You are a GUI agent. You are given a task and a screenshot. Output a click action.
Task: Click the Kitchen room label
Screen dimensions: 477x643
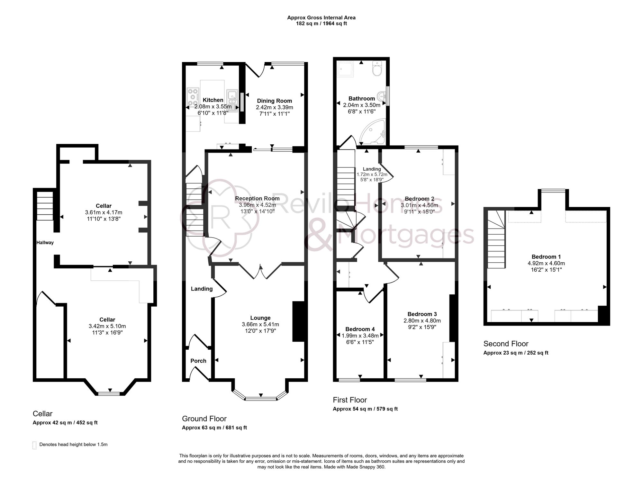click(x=213, y=100)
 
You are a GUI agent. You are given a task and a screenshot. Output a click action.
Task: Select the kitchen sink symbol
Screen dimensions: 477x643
click(x=232, y=100)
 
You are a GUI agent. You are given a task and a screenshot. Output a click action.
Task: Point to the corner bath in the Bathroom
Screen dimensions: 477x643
click(x=373, y=132)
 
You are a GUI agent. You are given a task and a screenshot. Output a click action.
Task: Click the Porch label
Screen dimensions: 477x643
click(x=198, y=361)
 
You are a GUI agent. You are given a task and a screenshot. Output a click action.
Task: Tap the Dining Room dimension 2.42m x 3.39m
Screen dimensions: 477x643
click(x=274, y=107)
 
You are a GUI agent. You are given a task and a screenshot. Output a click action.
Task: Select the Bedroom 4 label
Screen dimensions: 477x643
click(x=360, y=329)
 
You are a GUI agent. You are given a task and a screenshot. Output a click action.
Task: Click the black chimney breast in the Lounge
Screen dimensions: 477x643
click(x=298, y=321)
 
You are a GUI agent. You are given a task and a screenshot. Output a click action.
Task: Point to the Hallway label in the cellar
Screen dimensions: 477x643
click(x=45, y=243)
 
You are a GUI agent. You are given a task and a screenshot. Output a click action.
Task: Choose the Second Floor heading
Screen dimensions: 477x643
click(x=506, y=344)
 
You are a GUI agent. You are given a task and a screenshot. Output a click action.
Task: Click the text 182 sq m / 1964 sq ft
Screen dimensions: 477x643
click(x=321, y=23)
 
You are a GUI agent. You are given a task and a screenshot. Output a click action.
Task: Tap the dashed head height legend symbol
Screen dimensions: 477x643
click(x=34, y=445)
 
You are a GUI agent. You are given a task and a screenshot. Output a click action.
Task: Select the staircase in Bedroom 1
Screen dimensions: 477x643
click(x=496, y=239)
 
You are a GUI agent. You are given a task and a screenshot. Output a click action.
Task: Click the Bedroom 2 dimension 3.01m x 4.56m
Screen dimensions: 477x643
click(x=419, y=205)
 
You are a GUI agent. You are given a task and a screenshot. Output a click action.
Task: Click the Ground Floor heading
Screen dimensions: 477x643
click(x=204, y=419)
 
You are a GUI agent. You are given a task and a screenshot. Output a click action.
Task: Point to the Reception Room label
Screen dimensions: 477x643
click(x=257, y=198)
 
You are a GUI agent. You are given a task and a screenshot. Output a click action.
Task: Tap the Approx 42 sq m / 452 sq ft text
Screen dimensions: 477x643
click(x=65, y=423)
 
